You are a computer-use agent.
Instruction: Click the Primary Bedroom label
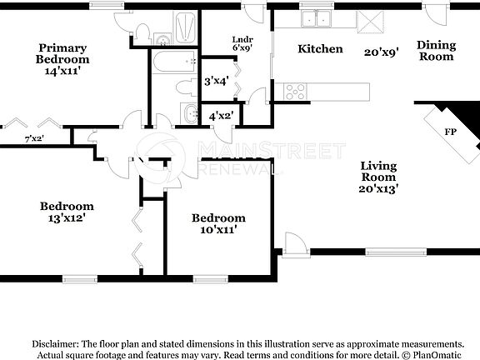click(x=63, y=53)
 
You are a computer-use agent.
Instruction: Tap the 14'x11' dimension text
click(x=63, y=72)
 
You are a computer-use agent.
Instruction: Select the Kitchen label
click(x=321, y=49)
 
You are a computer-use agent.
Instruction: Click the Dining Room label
click(x=435, y=51)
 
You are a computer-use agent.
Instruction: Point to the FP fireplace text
click(x=450, y=132)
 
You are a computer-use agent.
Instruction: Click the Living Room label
click(x=378, y=172)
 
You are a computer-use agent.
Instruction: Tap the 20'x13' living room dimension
click(x=378, y=189)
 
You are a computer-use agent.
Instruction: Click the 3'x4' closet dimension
click(x=217, y=81)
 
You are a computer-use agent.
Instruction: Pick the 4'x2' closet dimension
click(x=221, y=116)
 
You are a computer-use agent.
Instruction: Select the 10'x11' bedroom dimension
click(x=218, y=230)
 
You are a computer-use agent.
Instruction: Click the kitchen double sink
click(x=316, y=18)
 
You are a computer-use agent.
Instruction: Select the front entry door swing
click(x=294, y=245)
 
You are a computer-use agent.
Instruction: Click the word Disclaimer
click(x=55, y=343)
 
